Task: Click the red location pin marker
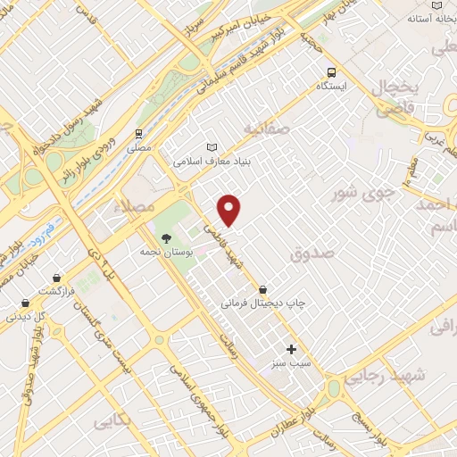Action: pos(230,210)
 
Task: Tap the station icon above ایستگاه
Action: pos(331,72)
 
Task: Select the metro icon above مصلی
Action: pos(137,132)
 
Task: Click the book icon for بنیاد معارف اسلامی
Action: pos(212,147)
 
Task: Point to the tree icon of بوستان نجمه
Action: pos(165,237)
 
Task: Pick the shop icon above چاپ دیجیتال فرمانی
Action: pos(263,289)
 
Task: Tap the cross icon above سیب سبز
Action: pos(291,349)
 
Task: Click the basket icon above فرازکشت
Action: pos(57,277)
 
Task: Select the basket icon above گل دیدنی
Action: pos(26,302)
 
